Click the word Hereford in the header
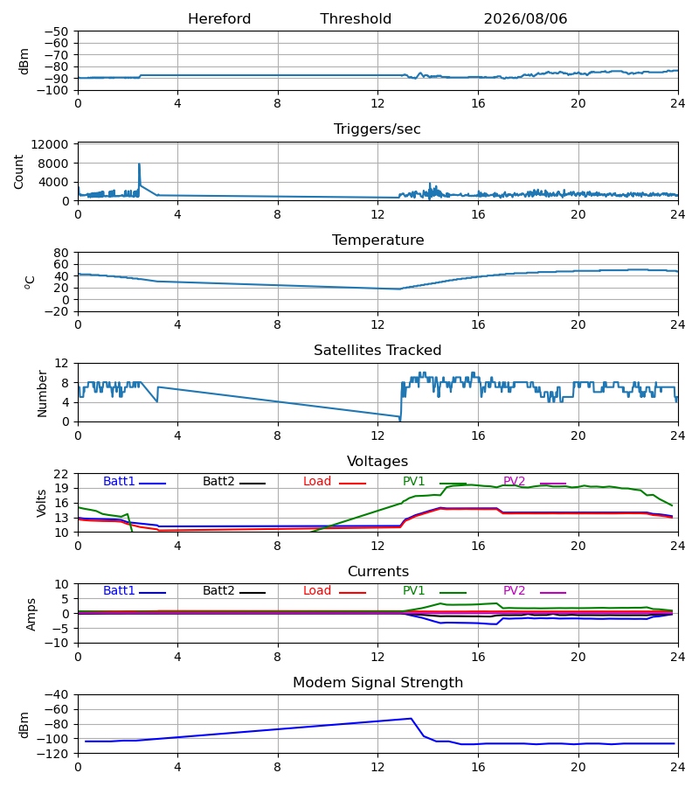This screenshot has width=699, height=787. [x=219, y=19]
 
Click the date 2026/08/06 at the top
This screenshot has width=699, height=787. [x=525, y=19]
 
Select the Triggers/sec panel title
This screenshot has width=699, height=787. [x=377, y=129]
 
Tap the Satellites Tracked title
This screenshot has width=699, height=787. [x=377, y=351]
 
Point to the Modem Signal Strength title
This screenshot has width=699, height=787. [x=377, y=683]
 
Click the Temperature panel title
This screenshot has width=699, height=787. [x=377, y=240]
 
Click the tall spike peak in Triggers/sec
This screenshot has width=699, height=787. [x=140, y=164]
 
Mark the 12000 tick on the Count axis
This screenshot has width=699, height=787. [x=50, y=144]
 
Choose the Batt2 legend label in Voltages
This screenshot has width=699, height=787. [x=218, y=481]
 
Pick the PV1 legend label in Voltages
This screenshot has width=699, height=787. [x=413, y=481]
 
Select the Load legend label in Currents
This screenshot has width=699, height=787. [x=317, y=591]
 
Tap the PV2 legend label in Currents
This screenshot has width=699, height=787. [x=514, y=591]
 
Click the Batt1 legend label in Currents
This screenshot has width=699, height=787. [x=119, y=591]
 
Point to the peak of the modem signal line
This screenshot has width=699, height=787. [x=412, y=718]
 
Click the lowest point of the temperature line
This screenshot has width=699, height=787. [x=399, y=289]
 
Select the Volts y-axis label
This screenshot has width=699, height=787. [x=42, y=504]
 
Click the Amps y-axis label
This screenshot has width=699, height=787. [x=31, y=614]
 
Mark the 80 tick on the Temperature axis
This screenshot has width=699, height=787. [x=61, y=253]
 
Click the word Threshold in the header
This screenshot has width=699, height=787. [x=356, y=19]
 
